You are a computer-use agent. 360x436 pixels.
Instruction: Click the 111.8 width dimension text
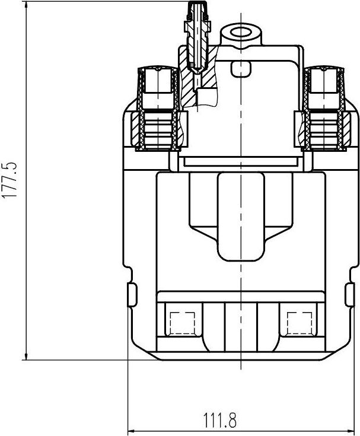coord(220,422)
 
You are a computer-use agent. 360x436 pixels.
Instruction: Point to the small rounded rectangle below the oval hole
coord(241,69)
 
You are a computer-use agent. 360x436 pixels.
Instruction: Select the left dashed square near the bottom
coord(181,323)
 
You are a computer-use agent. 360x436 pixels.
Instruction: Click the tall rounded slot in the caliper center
coord(241,217)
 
